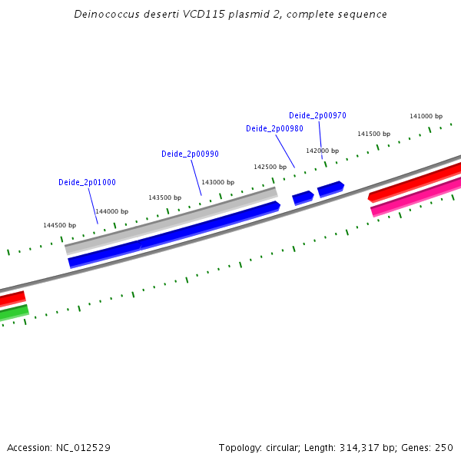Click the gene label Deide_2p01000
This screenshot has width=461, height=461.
87,182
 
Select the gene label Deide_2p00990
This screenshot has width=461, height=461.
190,154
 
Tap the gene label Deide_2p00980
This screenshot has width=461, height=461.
274,128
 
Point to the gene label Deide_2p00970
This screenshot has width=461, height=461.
317,115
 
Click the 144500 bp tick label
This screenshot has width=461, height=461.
59,225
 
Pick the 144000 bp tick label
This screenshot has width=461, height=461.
111,211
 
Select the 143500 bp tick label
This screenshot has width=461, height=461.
164,197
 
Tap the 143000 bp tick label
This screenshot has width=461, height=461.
217,182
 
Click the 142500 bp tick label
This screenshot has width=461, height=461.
270,167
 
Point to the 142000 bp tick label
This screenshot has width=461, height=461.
322,151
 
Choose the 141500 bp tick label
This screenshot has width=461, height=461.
373,134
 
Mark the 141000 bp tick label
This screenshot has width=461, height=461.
426,116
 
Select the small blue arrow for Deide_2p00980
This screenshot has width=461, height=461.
303,197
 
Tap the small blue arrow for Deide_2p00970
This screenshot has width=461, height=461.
330,188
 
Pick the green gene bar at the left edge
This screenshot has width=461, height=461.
14,312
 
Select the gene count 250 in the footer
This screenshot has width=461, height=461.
444,448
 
